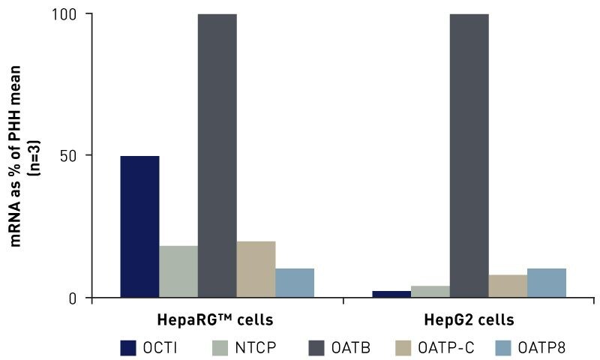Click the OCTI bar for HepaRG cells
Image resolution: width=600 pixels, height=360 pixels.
point(139,226)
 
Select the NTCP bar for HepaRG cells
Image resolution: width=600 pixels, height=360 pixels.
point(178,271)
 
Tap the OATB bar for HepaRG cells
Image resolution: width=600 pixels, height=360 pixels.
point(217,156)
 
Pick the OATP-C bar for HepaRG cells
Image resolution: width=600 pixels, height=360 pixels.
point(256,269)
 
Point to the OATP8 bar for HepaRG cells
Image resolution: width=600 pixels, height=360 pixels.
point(295,283)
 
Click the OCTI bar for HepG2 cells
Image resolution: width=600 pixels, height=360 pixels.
point(391,294)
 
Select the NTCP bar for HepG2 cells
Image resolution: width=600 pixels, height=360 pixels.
point(430,292)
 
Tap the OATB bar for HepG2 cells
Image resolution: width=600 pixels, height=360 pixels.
point(469,156)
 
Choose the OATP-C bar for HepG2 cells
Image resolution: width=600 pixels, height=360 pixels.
point(508,286)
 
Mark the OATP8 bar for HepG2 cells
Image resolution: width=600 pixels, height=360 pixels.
point(547,283)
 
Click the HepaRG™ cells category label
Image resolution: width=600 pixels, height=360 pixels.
point(214,319)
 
